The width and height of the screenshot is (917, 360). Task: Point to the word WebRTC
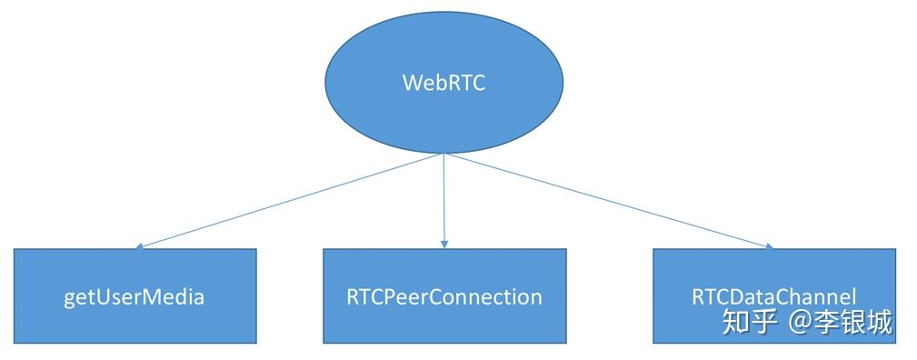tap(444, 83)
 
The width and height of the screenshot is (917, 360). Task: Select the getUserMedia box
tap(135, 296)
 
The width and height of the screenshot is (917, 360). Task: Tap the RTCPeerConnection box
tap(444, 296)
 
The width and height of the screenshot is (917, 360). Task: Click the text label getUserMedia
tap(135, 297)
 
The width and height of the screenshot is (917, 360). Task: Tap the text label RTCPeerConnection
tap(444, 297)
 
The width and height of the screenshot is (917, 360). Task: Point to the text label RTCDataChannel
tap(773, 297)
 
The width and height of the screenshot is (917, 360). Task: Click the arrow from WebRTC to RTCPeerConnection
tap(444, 200)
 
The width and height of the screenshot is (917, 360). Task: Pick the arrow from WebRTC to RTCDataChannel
tap(609, 200)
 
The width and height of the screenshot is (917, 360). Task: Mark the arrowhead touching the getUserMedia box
tap(138, 246)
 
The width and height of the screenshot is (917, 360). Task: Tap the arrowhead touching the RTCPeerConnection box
tap(444, 245)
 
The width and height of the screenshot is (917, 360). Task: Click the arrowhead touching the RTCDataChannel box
tap(769, 246)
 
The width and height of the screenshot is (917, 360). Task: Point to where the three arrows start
tap(444, 154)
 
